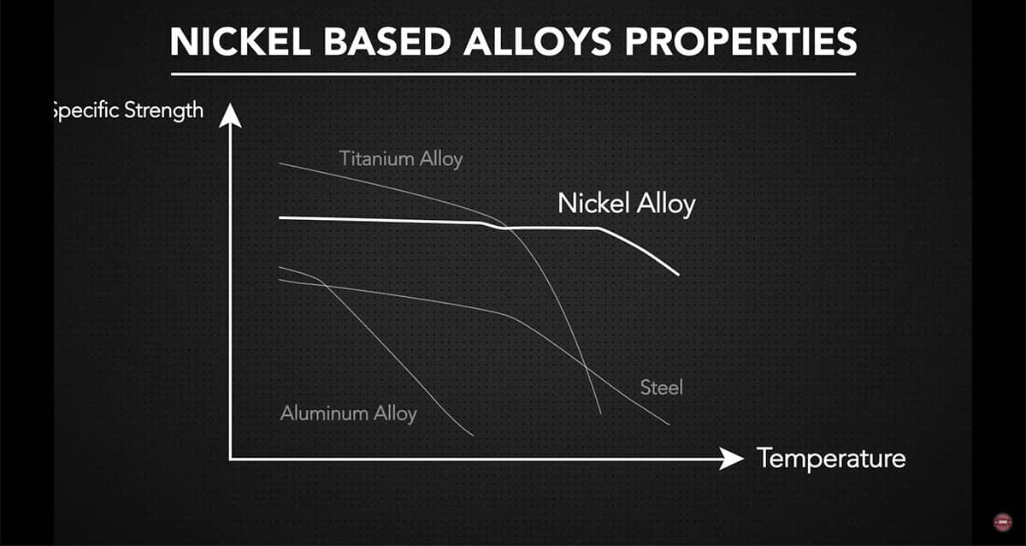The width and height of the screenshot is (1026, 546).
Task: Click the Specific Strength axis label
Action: (x=128, y=110)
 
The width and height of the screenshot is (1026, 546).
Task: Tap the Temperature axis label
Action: (x=830, y=459)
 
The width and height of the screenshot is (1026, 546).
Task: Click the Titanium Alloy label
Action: (x=400, y=159)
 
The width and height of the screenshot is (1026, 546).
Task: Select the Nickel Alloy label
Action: (x=626, y=204)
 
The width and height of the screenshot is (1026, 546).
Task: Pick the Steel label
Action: (x=662, y=387)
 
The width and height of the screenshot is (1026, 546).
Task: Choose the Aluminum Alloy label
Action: (x=348, y=413)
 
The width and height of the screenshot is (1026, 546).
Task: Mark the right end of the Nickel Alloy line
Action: (x=678, y=275)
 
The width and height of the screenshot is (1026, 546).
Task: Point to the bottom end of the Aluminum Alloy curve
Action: (x=473, y=436)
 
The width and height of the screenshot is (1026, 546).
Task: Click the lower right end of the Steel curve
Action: (x=669, y=424)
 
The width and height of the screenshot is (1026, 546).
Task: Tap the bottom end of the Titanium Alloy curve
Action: (x=600, y=414)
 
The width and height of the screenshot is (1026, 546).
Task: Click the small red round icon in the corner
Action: (x=1002, y=522)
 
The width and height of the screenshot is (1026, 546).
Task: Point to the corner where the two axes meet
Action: (x=229, y=460)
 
